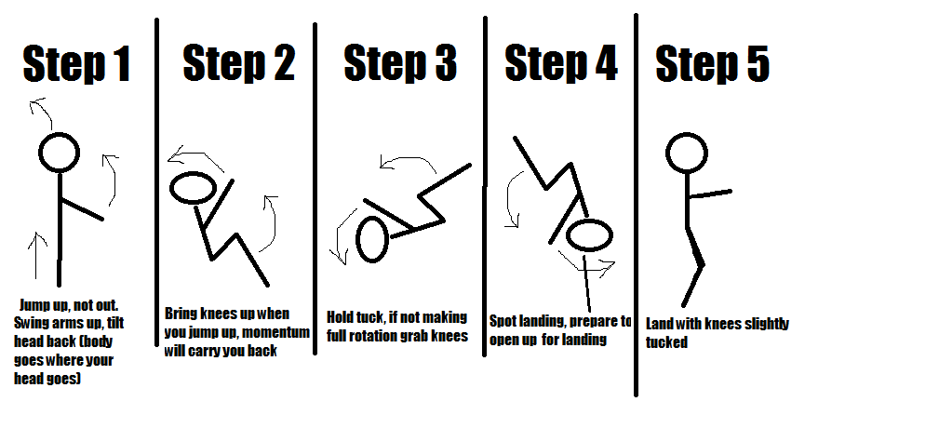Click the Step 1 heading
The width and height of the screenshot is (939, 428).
pyautogui.click(x=76, y=65)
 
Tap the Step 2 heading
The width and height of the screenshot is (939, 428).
pyautogui.click(x=238, y=63)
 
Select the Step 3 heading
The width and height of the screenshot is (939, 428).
pyautogui.click(x=400, y=63)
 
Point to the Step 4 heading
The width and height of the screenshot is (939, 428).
pyautogui.click(x=560, y=63)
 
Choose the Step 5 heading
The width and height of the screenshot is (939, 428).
pyautogui.click(x=712, y=65)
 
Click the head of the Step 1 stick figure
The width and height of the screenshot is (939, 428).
pyautogui.click(x=60, y=152)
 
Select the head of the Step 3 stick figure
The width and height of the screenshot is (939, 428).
pyautogui.click(x=372, y=239)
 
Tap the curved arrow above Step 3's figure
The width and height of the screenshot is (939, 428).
pyautogui.click(x=409, y=164)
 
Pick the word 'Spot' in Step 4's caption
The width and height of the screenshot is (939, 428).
pyautogui.click(x=504, y=322)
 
